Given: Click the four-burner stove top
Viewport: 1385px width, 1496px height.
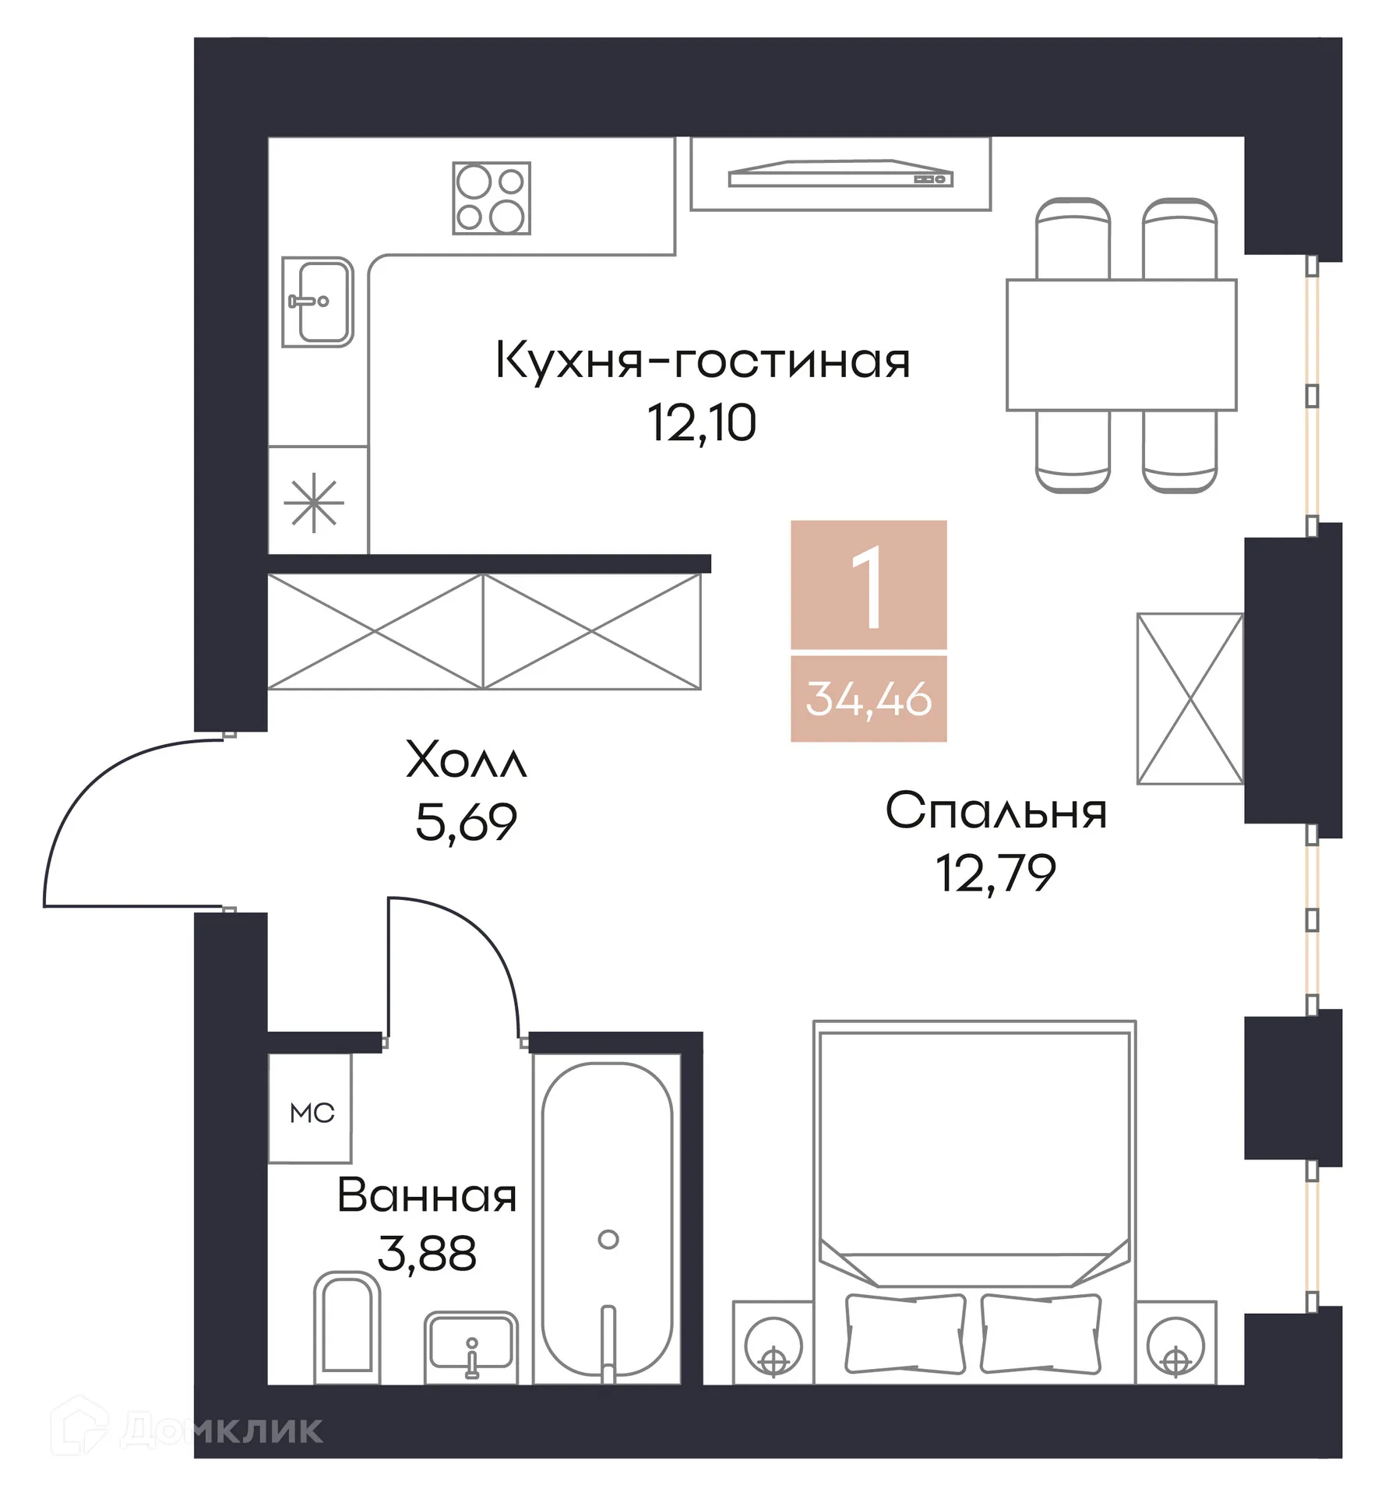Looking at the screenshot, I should [492, 198].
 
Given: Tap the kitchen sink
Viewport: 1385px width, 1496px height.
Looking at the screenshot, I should [318, 302].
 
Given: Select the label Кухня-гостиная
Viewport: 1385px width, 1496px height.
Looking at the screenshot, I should [702, 361].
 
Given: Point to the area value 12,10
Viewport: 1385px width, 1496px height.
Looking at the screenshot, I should [702, 423].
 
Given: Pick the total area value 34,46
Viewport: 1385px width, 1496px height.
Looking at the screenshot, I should [869, 698].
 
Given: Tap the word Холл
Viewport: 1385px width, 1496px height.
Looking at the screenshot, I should [466, 759].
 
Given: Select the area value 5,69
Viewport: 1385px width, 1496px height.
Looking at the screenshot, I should [466, 822].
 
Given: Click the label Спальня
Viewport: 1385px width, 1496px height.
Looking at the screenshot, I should [996, 811].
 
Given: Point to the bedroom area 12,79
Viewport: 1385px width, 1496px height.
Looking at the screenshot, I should [996, 873].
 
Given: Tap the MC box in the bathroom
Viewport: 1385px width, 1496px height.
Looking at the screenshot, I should [311, 1113].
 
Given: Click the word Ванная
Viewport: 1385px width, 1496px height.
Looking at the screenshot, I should [427, 1196].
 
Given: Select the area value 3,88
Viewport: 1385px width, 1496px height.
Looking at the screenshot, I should [427, 1254].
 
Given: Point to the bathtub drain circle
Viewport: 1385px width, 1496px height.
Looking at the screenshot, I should [608, 1239].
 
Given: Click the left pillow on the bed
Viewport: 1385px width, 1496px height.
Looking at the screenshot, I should [905, 1333].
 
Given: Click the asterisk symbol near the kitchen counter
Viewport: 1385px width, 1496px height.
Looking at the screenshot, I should [314, 503].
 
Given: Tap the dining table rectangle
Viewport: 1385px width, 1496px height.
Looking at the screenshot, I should [1121, 344].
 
